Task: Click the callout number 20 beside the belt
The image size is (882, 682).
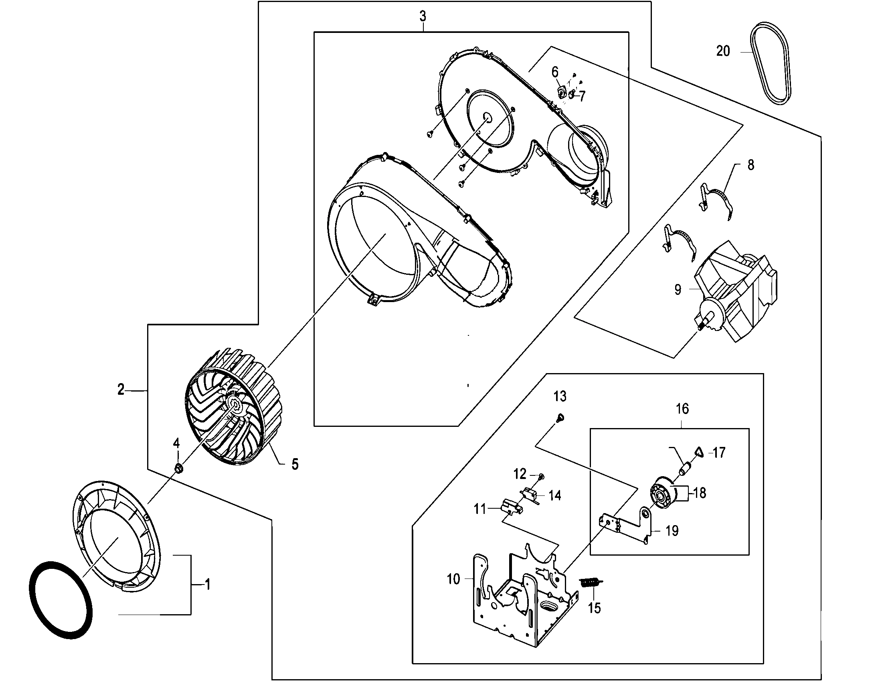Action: tap(723, 51)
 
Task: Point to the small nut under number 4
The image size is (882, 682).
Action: tap(178, 468)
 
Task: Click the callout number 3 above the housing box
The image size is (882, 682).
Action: tap(423, 16)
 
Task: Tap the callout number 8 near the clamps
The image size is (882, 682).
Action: tap(751, 165)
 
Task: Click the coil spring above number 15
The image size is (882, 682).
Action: tap(590, 582)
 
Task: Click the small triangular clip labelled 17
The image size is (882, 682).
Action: tap(699, 452)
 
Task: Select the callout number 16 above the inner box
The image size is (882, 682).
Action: tap(682, 409)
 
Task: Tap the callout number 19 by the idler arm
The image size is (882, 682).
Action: tap(672, 531)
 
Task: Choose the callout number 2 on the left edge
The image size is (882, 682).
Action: tap(121, 390)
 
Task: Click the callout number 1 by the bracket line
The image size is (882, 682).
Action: tap(208, 584)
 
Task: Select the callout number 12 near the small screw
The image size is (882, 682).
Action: tap(520, 473)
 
